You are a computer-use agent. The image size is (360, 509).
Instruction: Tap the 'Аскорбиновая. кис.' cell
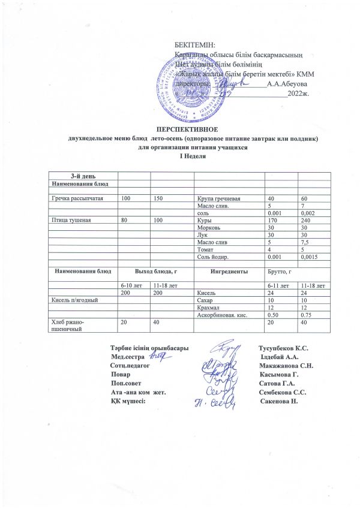223,315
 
